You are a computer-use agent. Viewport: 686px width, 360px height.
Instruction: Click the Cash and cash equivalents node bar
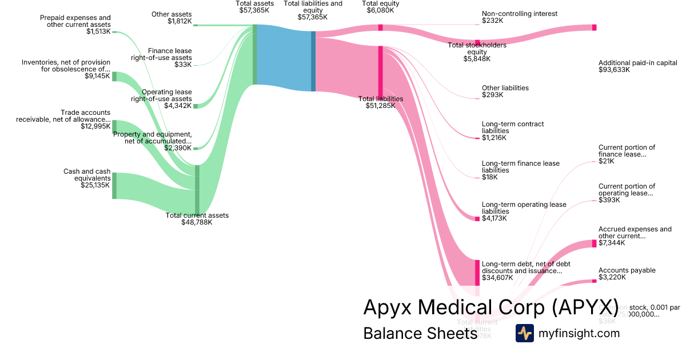[114, 185]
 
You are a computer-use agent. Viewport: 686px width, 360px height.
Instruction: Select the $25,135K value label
[95, 185]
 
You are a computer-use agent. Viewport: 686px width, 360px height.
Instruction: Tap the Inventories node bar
[114, 77]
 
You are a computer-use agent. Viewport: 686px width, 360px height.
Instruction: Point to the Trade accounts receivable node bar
[114, 126]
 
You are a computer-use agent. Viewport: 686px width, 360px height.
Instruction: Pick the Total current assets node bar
[197, 188]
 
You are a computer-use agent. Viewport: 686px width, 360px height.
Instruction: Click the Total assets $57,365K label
[254, 6]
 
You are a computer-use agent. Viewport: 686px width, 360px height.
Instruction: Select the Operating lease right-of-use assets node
[196, 106]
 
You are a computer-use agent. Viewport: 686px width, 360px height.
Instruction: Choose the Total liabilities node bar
[380, 69]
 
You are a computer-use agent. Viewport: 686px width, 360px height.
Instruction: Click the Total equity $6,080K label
[381, 6]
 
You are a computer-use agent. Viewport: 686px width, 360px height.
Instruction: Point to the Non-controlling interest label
[519, 14]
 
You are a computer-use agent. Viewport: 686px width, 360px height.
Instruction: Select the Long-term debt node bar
[477, 273]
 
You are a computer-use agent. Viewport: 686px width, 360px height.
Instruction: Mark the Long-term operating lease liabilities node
[477, 218]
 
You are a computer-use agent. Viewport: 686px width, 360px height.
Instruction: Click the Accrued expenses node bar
[594, 243]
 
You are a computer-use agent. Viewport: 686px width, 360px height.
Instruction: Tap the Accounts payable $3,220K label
[627, 274]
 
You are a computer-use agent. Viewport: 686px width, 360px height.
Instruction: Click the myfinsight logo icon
[524, 333]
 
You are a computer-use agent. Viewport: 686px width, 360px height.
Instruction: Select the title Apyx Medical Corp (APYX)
[490, 307]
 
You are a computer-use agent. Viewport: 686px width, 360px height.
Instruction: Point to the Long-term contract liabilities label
[512, 131]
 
